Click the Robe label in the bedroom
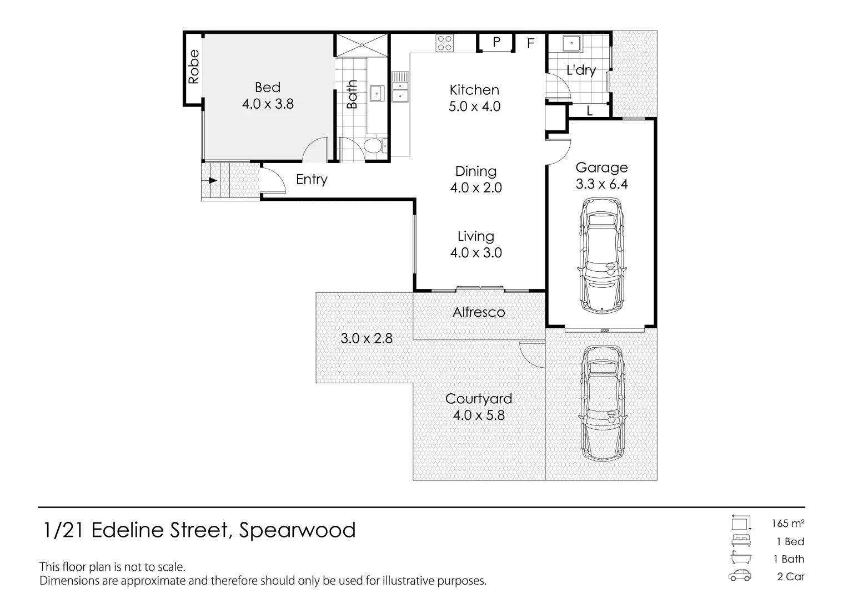coord(194,67)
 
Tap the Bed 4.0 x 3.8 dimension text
coord(268,104)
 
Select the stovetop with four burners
coord(444,43)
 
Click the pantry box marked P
coord(496,42)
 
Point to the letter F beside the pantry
coord(530,43)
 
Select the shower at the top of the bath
coord(362,45)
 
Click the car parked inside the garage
coord(602,257)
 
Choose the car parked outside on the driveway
coord(602,403)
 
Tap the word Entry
coord(312,180)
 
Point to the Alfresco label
coord(479,312)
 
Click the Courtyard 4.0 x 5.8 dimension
coord(479,415)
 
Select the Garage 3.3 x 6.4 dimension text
coord(601,184)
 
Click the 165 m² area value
coord(788,523)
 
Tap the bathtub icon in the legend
coord(741,559)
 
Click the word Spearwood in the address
coord(297,530)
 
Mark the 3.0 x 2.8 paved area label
coord(367,338)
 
